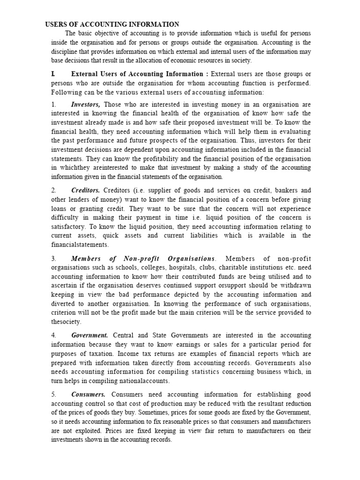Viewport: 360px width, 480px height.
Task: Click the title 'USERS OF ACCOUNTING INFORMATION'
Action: coord(112,24)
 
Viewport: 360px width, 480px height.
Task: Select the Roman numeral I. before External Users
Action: coord(53,74)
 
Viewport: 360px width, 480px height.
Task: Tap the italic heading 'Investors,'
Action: coord(85,104)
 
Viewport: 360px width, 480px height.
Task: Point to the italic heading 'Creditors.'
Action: coord(85,190)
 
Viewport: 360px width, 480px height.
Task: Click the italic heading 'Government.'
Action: coord(90,335)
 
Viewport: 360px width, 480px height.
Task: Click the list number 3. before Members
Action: coord(54,259)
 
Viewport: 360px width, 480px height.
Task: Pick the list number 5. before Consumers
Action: coord(54,395)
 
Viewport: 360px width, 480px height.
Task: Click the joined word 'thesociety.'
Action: coord(66,322)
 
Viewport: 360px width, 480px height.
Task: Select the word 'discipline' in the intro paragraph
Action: coord(65,52)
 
